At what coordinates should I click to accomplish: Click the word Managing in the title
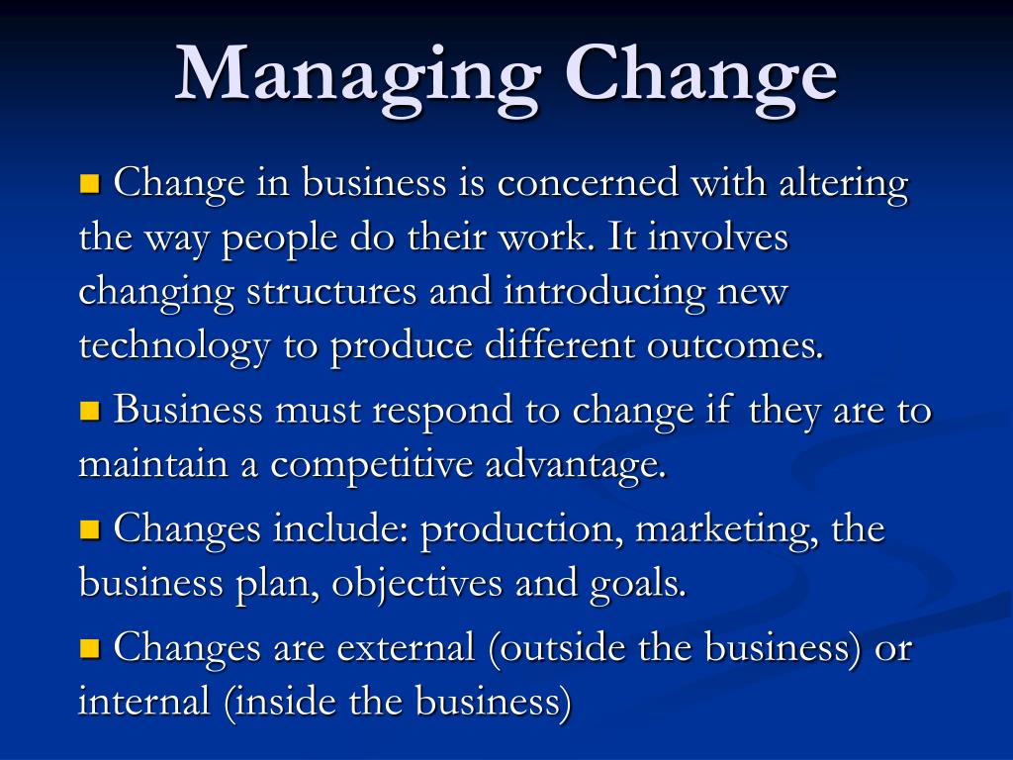pos(357,77)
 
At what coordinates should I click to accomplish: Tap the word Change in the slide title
pos(701,77)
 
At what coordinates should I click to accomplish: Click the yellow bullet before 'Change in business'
pos(90,183)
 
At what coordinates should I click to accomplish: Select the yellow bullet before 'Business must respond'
pos(90,411)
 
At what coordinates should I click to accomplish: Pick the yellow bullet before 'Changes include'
pos(90,529)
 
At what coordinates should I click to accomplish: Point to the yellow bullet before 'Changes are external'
pos(90,647)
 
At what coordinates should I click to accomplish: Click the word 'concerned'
pos(588,183)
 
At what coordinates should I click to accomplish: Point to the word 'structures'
pos(331,293)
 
